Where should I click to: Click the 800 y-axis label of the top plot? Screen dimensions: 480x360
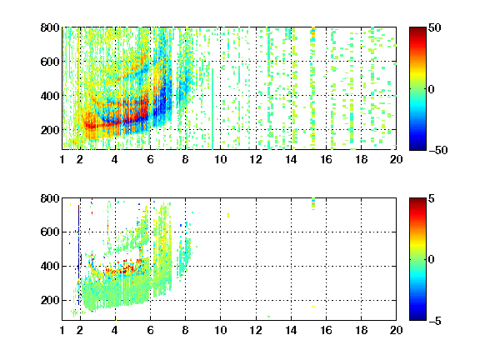pos(50,27)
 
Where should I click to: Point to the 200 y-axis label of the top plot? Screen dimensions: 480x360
pos(50,130)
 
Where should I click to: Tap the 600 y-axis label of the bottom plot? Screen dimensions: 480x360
pos(50,232)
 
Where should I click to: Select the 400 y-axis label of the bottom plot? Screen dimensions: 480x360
pos(50,266)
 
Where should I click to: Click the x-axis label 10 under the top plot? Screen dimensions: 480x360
pos(220,159)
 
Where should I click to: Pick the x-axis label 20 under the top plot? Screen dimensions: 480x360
pos(396,159)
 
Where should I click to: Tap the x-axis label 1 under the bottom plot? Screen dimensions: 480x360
pos(62,330)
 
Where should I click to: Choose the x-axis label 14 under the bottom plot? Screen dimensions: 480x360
pos(291,330)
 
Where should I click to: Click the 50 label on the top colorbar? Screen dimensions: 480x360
pos(435,27)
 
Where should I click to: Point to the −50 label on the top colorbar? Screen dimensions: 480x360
pos(438,150)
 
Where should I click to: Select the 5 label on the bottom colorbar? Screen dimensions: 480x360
pos(432,198)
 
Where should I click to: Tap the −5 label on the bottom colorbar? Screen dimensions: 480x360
pos(435,321)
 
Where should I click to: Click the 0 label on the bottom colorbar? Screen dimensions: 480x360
pos(432,260)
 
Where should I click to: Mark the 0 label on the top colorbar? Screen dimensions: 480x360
pos(432,89)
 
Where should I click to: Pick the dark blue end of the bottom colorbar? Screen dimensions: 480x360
pos(417,317)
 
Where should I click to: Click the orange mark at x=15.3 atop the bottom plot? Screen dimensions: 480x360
pos(313,209)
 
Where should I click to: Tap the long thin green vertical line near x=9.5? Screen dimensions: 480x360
pos(212,108)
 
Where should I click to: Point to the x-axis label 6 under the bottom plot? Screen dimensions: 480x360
pos(150,330)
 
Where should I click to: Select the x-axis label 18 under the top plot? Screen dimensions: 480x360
pos(361,159)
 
